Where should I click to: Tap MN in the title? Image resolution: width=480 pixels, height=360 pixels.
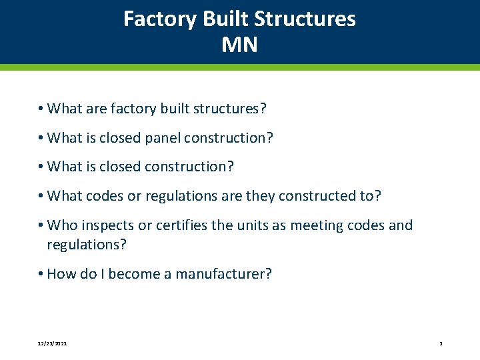click(x=239, y=45)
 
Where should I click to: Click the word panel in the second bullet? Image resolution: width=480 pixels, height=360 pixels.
click(x=160, y=138)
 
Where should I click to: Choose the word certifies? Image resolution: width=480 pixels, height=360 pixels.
click(x=181, y=225)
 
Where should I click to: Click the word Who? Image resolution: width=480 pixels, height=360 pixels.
click(x=63, y=225)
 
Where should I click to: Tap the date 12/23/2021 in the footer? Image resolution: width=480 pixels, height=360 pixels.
click(x=51, y=343)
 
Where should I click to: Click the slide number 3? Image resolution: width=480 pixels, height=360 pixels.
click(x=441, y=343)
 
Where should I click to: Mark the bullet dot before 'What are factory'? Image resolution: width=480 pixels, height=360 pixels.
click(x=41, y=109)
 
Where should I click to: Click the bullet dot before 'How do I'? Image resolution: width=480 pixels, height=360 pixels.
click(x=41, y=274)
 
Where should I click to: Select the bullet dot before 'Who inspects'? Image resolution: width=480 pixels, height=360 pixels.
click(x=41, y=225)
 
